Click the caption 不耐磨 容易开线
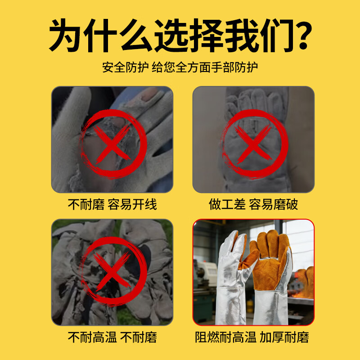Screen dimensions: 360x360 pos(112,204)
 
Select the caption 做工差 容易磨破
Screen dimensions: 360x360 pos(253,204)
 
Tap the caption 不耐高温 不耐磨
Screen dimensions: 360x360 pos(112,337)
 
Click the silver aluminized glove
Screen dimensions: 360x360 pos(229,279)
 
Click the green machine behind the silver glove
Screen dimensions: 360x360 pos(203,288)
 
